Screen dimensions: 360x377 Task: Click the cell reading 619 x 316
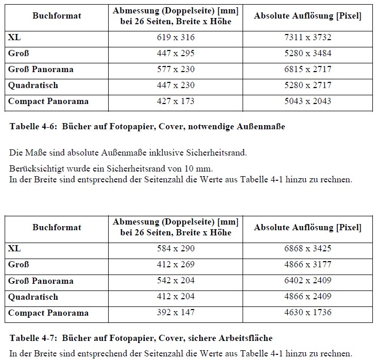click(x=176, y=38)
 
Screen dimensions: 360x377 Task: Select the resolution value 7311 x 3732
click(x=307, y=38)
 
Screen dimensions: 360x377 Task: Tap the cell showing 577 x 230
click(x=176, y=70)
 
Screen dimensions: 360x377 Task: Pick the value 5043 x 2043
click(x=307, y=101)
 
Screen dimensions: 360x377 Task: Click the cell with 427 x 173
click(x=176, y=101)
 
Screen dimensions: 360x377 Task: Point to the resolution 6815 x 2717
click(x=307, y=70)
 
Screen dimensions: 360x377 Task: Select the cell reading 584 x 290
click(x=176, y=249)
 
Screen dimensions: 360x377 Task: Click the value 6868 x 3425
click(x=307, y=249)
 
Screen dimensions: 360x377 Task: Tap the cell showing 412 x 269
click(x=176, y=265)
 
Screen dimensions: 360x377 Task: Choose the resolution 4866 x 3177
click(x=307, y=265)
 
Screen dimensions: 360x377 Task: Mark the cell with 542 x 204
click(x=176, y=281)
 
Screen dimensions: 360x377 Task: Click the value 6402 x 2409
click(x=307, y=281)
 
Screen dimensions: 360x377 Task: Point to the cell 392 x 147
click(x=176, y=313)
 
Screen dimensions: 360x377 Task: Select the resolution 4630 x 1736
click(x=307, y=313)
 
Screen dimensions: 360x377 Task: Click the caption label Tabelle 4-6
click(x=32, y=126)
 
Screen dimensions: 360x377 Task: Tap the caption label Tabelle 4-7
click(x=32, y=338)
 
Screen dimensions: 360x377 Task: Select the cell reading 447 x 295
click(x=176, y=54)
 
